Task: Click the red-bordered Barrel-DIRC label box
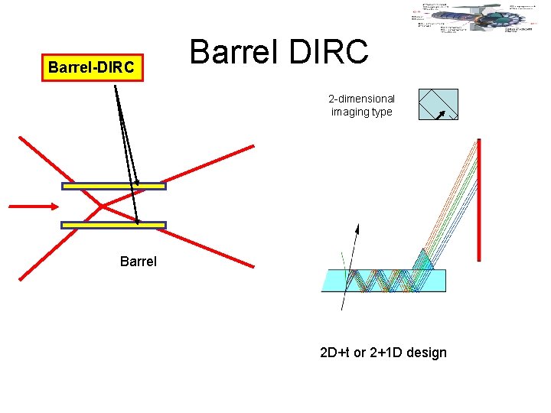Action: coord(91,67)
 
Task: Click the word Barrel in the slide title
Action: coord(233,52)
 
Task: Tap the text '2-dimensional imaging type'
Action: coord(361,106)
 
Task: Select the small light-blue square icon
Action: coord(438,105)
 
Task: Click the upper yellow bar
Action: coord(113,186)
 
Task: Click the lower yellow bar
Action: coord(113,225)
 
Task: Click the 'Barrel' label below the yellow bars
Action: coord(139,262)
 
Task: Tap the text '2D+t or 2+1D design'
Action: coord(383,353)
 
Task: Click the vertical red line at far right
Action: coord(478,199)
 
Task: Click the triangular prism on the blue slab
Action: coord(422,260)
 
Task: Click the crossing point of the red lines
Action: coord(101,205)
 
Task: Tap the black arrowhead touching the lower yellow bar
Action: coord(139,220)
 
